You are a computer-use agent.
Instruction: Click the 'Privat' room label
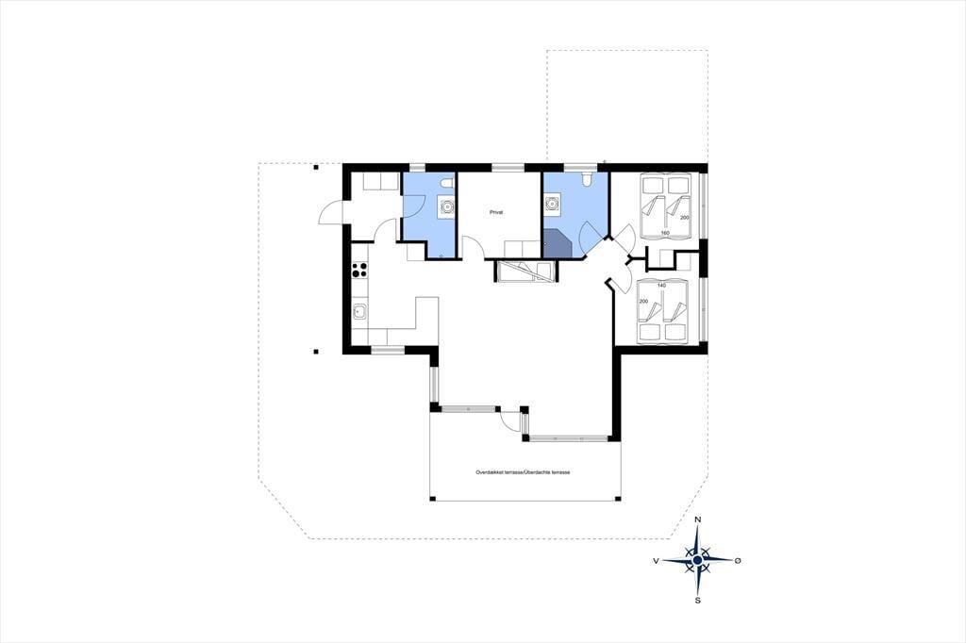pyautogui.click(x=496, y=212)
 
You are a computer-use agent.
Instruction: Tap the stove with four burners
pyautogui.click(x=359, y=269)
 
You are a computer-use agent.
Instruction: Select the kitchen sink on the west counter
pyautogui.click(x=359, y=313)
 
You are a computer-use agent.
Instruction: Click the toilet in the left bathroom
pyautogui.click(x=448, y=183)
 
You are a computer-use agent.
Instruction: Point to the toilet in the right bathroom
pyautogui.click(x=587, y=178)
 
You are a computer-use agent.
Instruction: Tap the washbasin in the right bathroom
pyautogui.click(x=552, y=203)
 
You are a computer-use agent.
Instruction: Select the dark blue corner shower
pyautogui.click(x=558, y=243)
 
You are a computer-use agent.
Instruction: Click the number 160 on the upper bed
pyautogui.click(x=665, y=233)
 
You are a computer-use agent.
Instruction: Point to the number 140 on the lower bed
pyautogui.click(x=661, y=285)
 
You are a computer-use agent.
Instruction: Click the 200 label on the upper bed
pyautogui.click(x=685, y=218)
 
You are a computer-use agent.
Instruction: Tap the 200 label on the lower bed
pyautogui.click(x=643, y=301)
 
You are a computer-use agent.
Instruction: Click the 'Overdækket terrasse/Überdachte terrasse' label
pyautogui.click(x=523, y=472)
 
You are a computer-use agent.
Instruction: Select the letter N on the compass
pyautogui.click(x=697, y=519)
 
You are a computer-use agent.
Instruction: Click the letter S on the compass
pyautogui.click(x=698, y=601)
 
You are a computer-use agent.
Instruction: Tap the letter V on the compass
pyautogui.click(x=657, y=560)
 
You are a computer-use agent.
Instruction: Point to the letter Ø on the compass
pyautogui.click(x=738, y=560)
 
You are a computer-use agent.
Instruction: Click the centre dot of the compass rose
pyautogui.click(x=697, y=560)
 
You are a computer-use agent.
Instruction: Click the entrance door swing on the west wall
pyautogui.click(x=331, y=213)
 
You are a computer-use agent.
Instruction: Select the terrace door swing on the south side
pyautogui.click(x=510, y=420)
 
